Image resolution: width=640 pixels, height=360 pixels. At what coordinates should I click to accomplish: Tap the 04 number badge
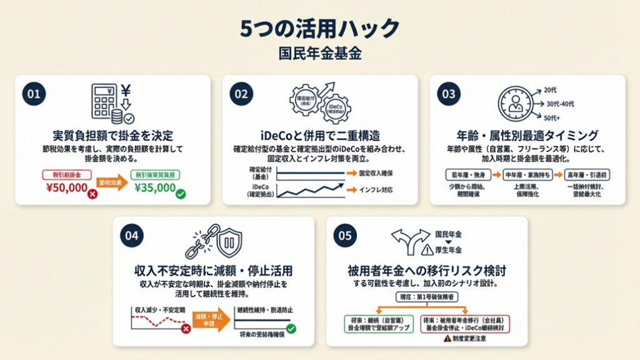tap(132, 236)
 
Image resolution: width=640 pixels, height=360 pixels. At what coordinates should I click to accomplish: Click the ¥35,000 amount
tap(155, 187)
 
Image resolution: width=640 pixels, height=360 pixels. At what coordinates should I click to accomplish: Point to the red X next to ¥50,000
tap(92, 194)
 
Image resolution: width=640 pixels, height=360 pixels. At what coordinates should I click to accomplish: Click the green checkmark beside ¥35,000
tap(181, 194)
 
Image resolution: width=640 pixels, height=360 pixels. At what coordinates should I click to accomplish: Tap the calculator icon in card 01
tap(102, 101)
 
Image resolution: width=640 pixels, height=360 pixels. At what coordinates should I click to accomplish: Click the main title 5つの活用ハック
tap(319, 29)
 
